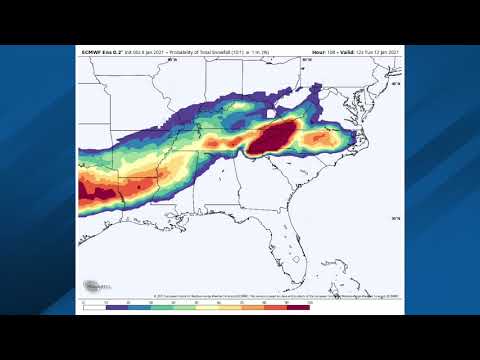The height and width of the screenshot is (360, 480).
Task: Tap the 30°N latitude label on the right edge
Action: click(396, 218)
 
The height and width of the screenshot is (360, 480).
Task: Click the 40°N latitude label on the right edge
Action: click(396, 84)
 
